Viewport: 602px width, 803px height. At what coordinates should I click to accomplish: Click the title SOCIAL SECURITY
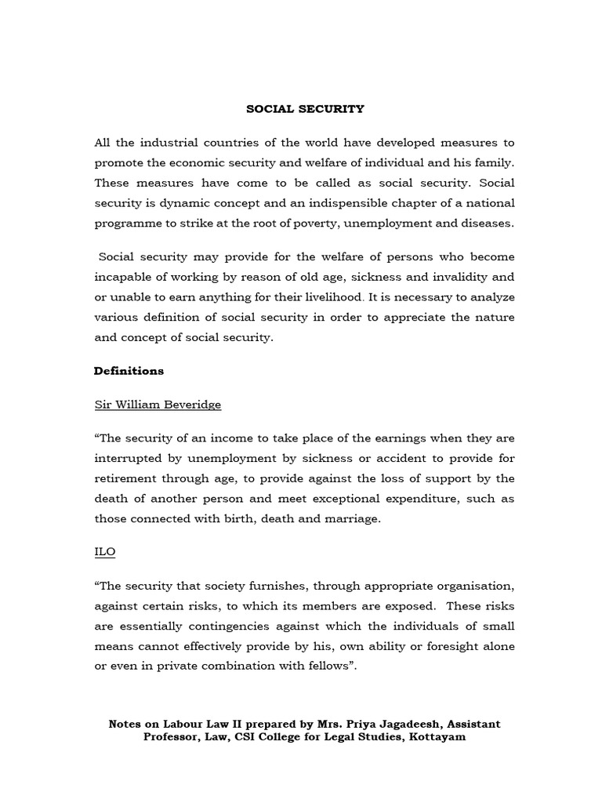coord(305,109)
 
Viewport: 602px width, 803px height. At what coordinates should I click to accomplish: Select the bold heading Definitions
coord(129,370)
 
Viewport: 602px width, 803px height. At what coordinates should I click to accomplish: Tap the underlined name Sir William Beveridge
coord(158,405)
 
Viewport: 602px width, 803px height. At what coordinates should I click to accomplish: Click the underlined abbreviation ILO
coord(105,551)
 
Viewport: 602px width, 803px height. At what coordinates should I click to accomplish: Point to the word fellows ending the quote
coord(323,667)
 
